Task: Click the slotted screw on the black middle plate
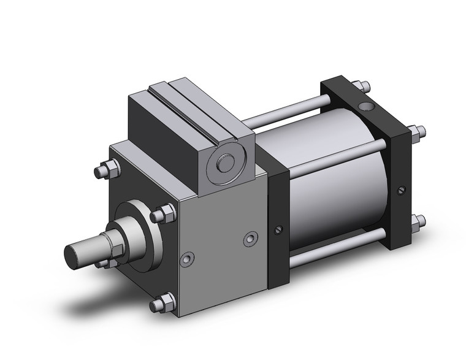(278, 230)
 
